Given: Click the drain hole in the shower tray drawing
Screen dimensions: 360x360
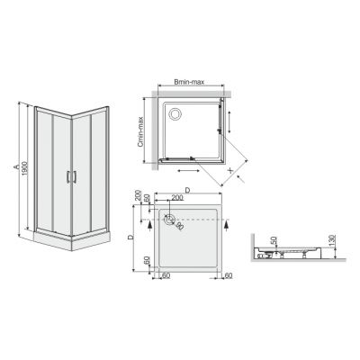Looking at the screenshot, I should pos(171,219).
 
